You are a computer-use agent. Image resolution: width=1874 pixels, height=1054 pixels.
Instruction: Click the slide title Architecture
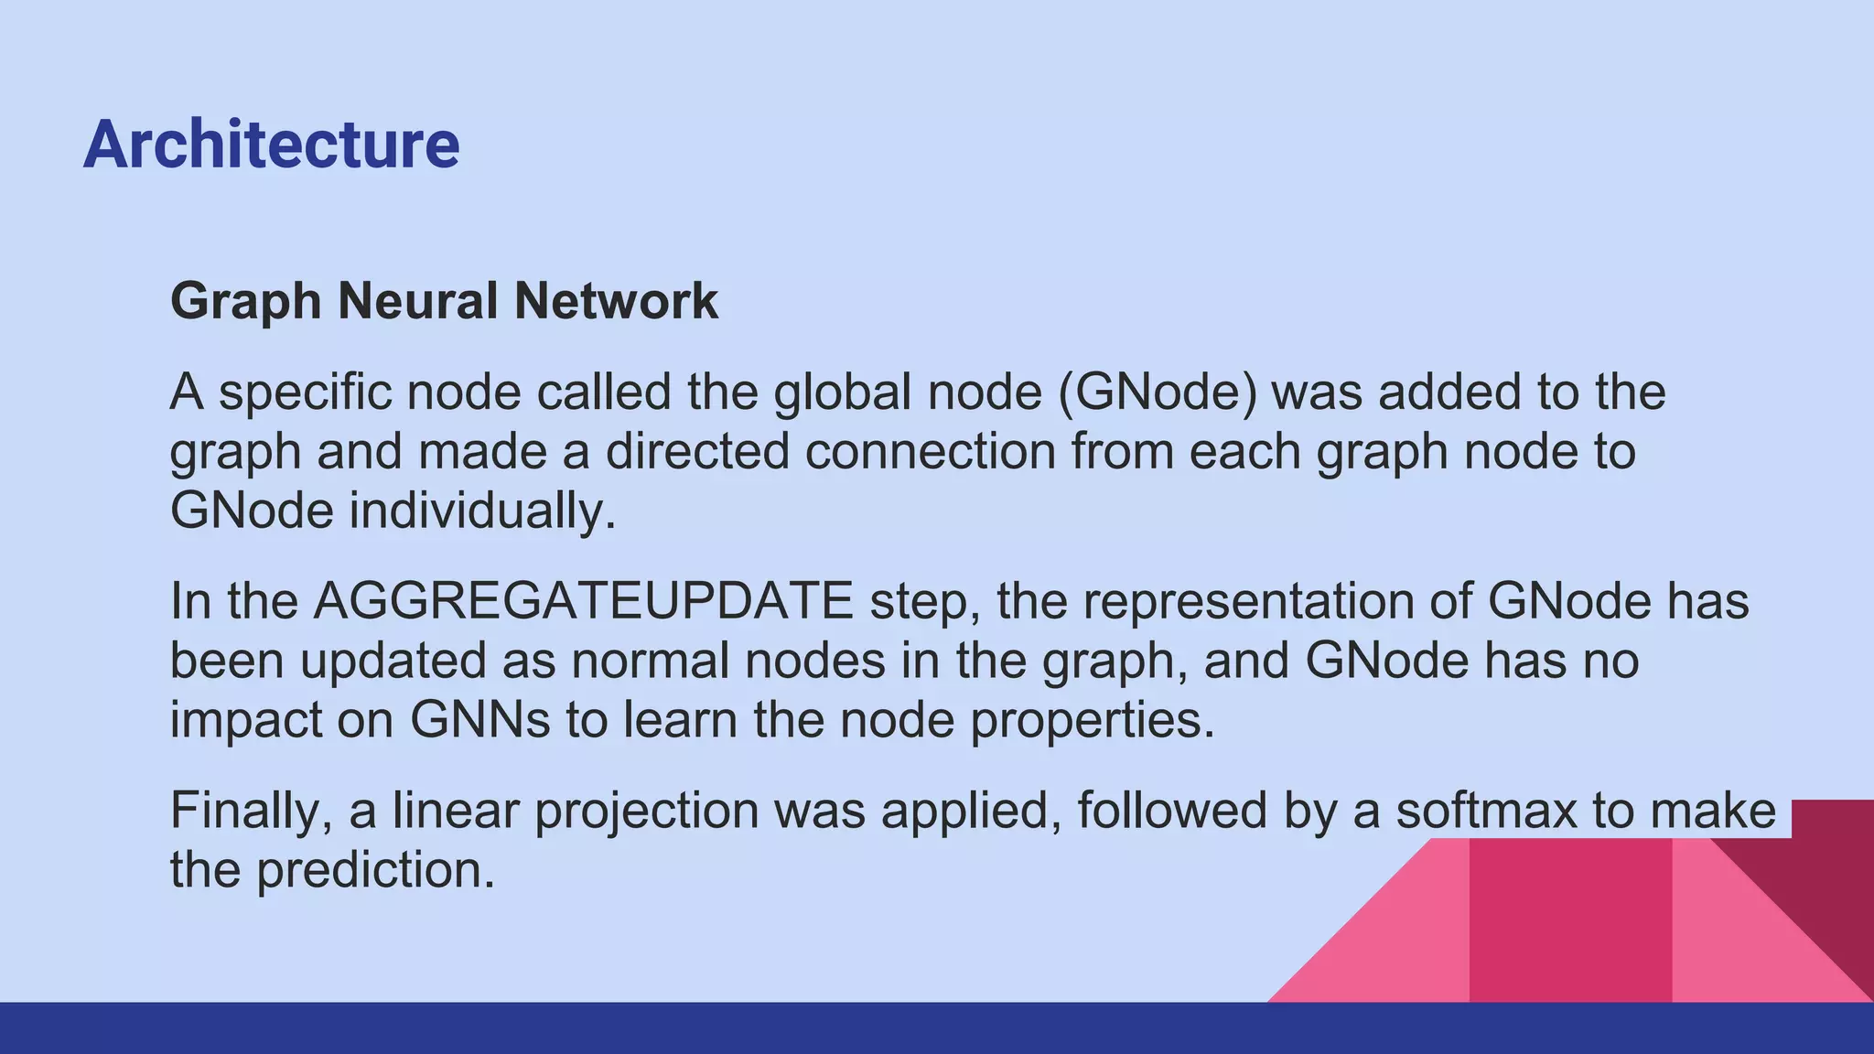point(271,145)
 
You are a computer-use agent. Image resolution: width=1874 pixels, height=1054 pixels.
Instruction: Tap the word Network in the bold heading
point(616,301)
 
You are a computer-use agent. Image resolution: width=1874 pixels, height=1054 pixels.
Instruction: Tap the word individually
point(483,511)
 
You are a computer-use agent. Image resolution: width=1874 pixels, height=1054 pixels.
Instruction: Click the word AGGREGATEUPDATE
point(584,602)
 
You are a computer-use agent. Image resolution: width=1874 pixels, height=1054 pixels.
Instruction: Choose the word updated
point(393,661)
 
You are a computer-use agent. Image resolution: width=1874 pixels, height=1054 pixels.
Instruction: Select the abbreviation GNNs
point(479,720)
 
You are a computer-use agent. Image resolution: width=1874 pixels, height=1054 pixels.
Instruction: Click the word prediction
point(375,870)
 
